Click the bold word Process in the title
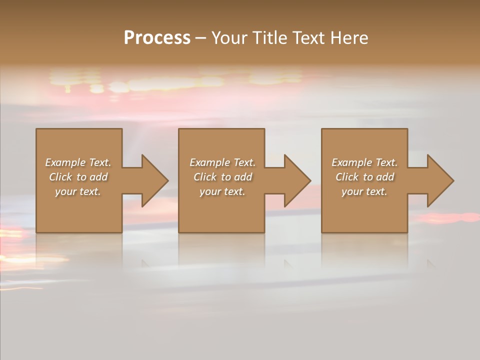pos(157,38)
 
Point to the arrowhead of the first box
pos(153,180)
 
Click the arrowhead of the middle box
pos(295,180)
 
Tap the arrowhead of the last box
pos(438,180)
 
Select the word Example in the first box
pos(65,162)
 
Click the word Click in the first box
pos(60,177)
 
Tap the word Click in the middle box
pos(204,177)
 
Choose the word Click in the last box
pos(346,177)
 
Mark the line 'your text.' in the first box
pos(78,191)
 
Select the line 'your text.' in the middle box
pos(222,191)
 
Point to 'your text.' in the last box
pos(364,191)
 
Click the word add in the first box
pos(98,177)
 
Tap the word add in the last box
pos(385,177)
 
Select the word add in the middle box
pos(243,177)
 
